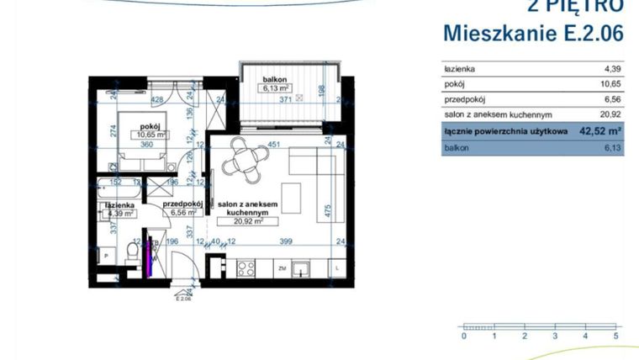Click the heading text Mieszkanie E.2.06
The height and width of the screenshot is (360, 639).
pos(534,34)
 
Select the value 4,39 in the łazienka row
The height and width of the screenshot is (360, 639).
pos(612,69)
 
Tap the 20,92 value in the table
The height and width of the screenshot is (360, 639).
pos(610,114)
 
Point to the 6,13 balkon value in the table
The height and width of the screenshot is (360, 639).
pos(612,148)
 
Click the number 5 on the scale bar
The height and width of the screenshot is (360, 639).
pos(616,336)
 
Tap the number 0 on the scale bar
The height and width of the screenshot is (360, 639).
pos(463,336)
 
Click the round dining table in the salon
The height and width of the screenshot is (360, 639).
pos(244,161)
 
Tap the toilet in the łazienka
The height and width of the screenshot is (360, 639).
pos(133,250)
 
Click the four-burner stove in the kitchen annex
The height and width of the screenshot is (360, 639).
pos(246,269)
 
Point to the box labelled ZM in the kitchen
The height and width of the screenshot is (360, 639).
pos(283,269)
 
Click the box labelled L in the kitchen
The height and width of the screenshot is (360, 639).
pos(336,269)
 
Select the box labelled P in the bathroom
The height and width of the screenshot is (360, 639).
pos(105,254)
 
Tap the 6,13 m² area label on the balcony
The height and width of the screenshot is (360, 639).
pos(275,87)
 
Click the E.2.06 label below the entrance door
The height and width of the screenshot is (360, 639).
pos(183,298)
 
